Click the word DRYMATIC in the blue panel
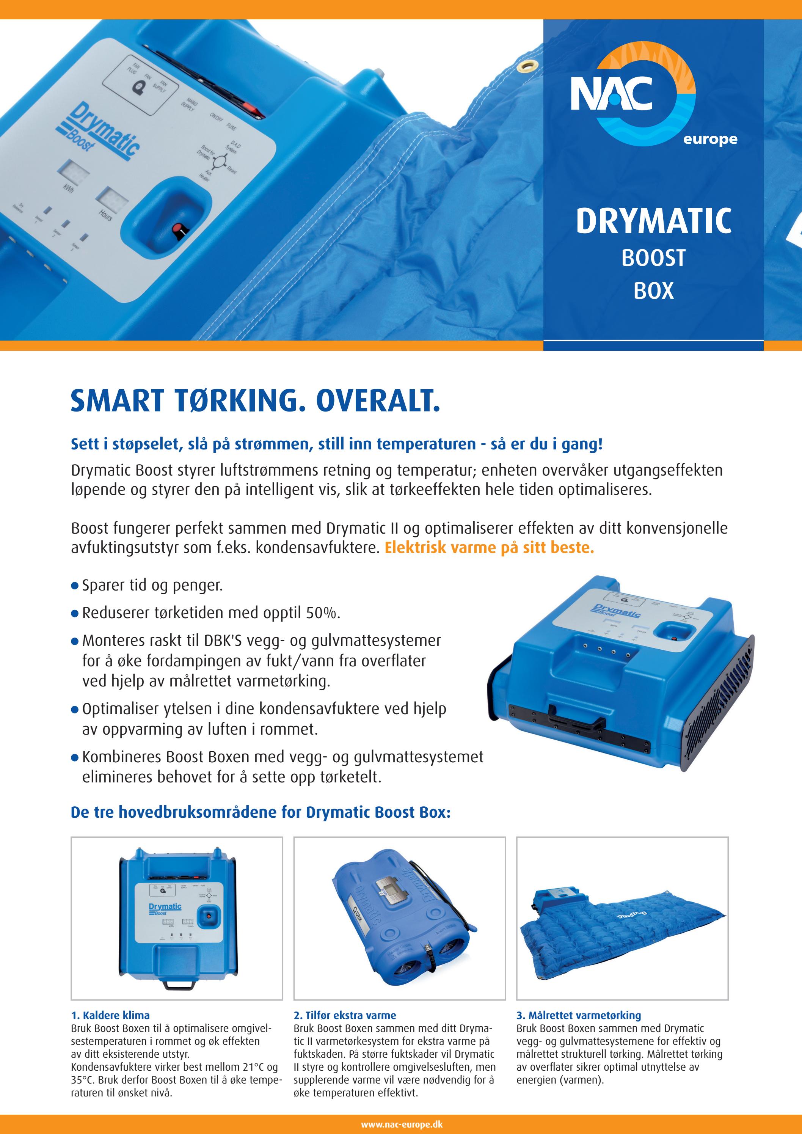point(653,221)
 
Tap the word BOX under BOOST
point(653,291)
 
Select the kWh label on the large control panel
point(68,188)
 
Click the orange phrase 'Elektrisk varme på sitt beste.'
point(489,547)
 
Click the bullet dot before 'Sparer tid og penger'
point(75,586)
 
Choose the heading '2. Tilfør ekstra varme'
point(345,1015)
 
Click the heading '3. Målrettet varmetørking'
point(578,1015)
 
